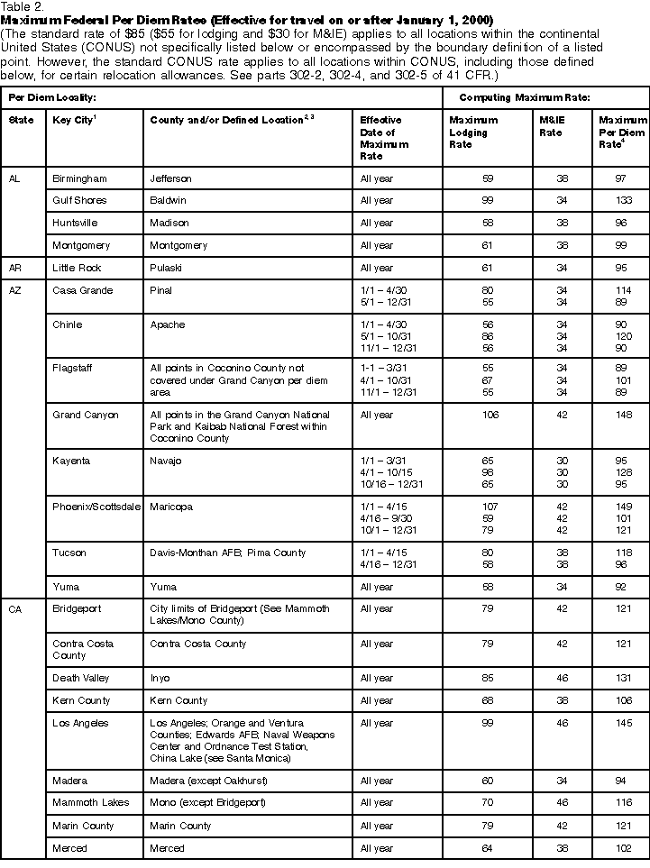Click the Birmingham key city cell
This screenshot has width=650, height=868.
79,178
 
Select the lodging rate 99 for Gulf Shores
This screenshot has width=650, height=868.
488,200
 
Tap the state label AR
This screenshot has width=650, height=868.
15,268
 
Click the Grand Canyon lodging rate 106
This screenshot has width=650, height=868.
488,415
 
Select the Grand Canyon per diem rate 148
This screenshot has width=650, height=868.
622,415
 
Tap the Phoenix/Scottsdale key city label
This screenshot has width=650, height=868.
96,507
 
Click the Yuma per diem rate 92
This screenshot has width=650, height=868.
622,586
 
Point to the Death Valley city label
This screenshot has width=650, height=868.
80,678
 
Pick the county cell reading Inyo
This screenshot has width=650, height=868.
160,678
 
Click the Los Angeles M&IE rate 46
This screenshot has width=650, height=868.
563,723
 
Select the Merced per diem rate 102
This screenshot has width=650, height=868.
622,848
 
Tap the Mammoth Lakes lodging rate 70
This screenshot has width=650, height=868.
488,802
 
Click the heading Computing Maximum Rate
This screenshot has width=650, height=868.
537,96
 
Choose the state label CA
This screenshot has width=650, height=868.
15,609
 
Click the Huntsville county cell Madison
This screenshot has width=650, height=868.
169,223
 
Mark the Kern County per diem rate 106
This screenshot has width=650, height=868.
622,700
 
